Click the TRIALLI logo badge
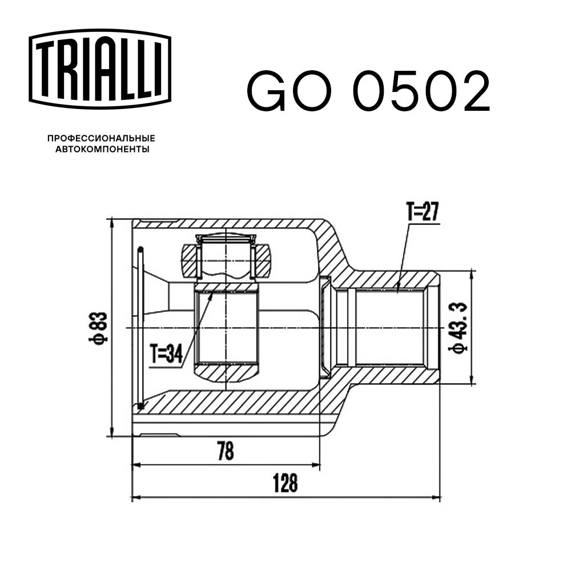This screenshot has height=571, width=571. click(100, 69)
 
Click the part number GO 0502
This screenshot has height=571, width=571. click(368, 91)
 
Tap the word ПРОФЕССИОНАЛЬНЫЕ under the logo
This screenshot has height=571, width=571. click(101, 138)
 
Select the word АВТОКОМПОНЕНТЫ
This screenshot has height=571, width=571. click(102, 149)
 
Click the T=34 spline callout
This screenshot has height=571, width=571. click(166, 353)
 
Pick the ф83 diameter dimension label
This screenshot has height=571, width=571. click(99, 328)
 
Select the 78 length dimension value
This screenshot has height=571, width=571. click(226, 451)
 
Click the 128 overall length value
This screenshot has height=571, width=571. click(285, 483)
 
